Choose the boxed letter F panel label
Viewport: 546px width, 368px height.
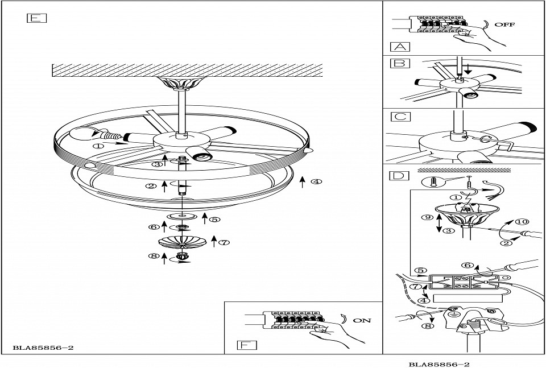[x=246, y=344]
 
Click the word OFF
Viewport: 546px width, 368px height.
[x=504, y=25]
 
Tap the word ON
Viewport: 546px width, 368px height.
[x=362, y=320]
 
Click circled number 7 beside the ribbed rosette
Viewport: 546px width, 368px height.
[x=224, y=242]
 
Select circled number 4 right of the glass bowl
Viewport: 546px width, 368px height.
[x=316, y=182]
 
